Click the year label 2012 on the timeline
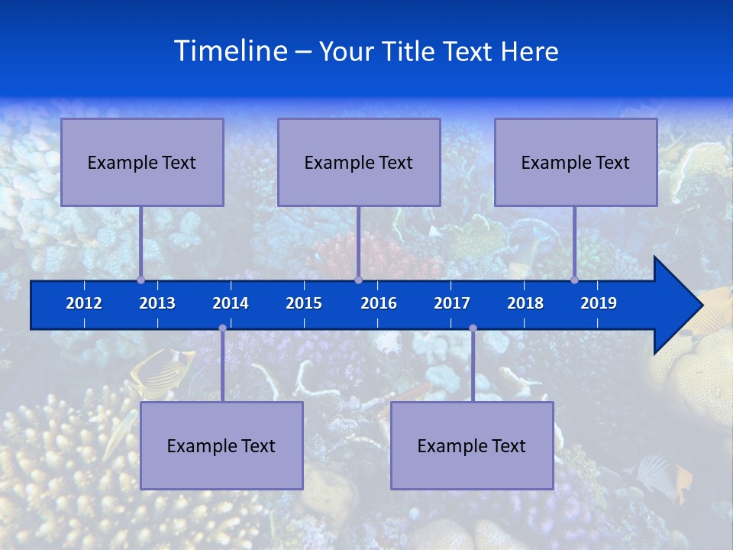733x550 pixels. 84,303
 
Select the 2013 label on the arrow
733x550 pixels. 157,303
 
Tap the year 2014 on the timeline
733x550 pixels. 231,303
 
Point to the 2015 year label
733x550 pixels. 304,303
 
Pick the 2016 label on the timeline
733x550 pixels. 379,303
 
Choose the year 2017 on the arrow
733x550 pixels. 452,303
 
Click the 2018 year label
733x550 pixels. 525,303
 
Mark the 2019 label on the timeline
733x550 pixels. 599,303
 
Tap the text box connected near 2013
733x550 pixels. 142,162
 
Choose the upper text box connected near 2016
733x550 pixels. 359,162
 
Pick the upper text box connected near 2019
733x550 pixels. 576,162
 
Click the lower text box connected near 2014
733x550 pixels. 221,445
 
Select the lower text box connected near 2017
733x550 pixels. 472,445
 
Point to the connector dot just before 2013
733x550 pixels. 141,280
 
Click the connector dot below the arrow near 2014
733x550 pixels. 222,328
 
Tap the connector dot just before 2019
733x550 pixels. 575,280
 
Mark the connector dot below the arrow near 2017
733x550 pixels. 473,328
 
